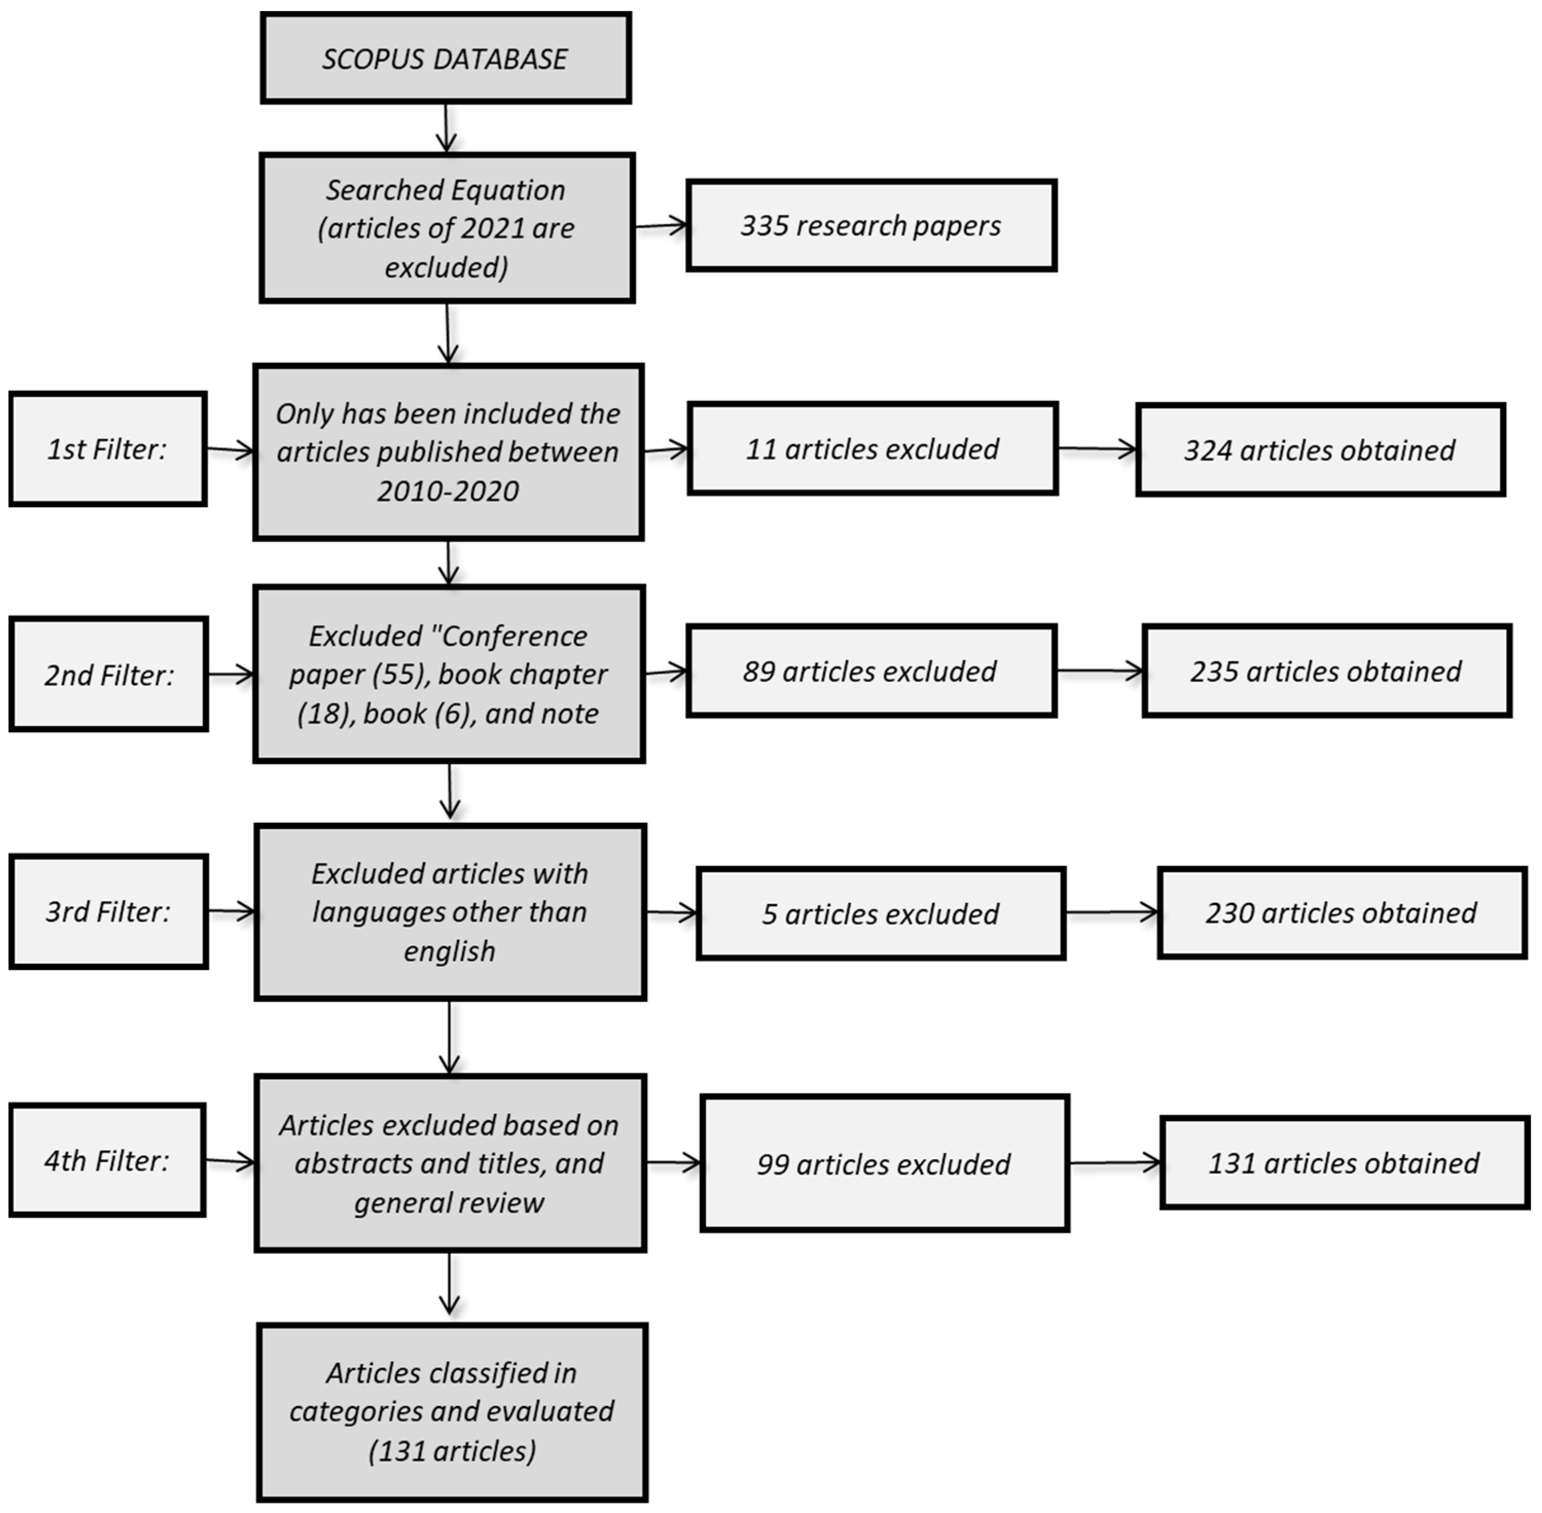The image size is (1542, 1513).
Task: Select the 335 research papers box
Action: pyautogui.click(x=871, y=226)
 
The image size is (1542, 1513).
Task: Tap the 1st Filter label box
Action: pyautogui.click(x=108, y=449)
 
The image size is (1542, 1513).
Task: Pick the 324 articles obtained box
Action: pyautogui.click(x=1320, y=450)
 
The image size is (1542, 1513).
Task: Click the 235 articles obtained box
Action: pyautogui.click(x=1326, y=672)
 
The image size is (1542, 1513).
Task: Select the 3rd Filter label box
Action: pyautogui.click(x=109, y=911)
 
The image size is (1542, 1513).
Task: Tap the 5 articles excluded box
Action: pyautogui.click(x=881, y=914)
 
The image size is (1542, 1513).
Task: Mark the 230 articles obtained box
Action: pyautogui.click(x=1342, y=913)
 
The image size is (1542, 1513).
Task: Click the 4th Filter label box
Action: pyautogui.click(x=107, y=1161)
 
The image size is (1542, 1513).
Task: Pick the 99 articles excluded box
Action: pyautogui.click(x=884, y=1164)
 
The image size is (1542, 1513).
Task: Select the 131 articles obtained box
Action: pyautogui.click(x=1344, y=1163)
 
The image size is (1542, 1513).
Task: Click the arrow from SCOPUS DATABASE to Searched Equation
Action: pyautogui.click(x=446, y=127)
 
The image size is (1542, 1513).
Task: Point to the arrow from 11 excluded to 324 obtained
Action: pyautogui.click(x=1097, y=449)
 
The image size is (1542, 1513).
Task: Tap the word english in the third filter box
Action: pyautogui.click(x=449, y=951)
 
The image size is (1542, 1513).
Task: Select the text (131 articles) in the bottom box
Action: pyautogui.click(x=452, y=1451)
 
